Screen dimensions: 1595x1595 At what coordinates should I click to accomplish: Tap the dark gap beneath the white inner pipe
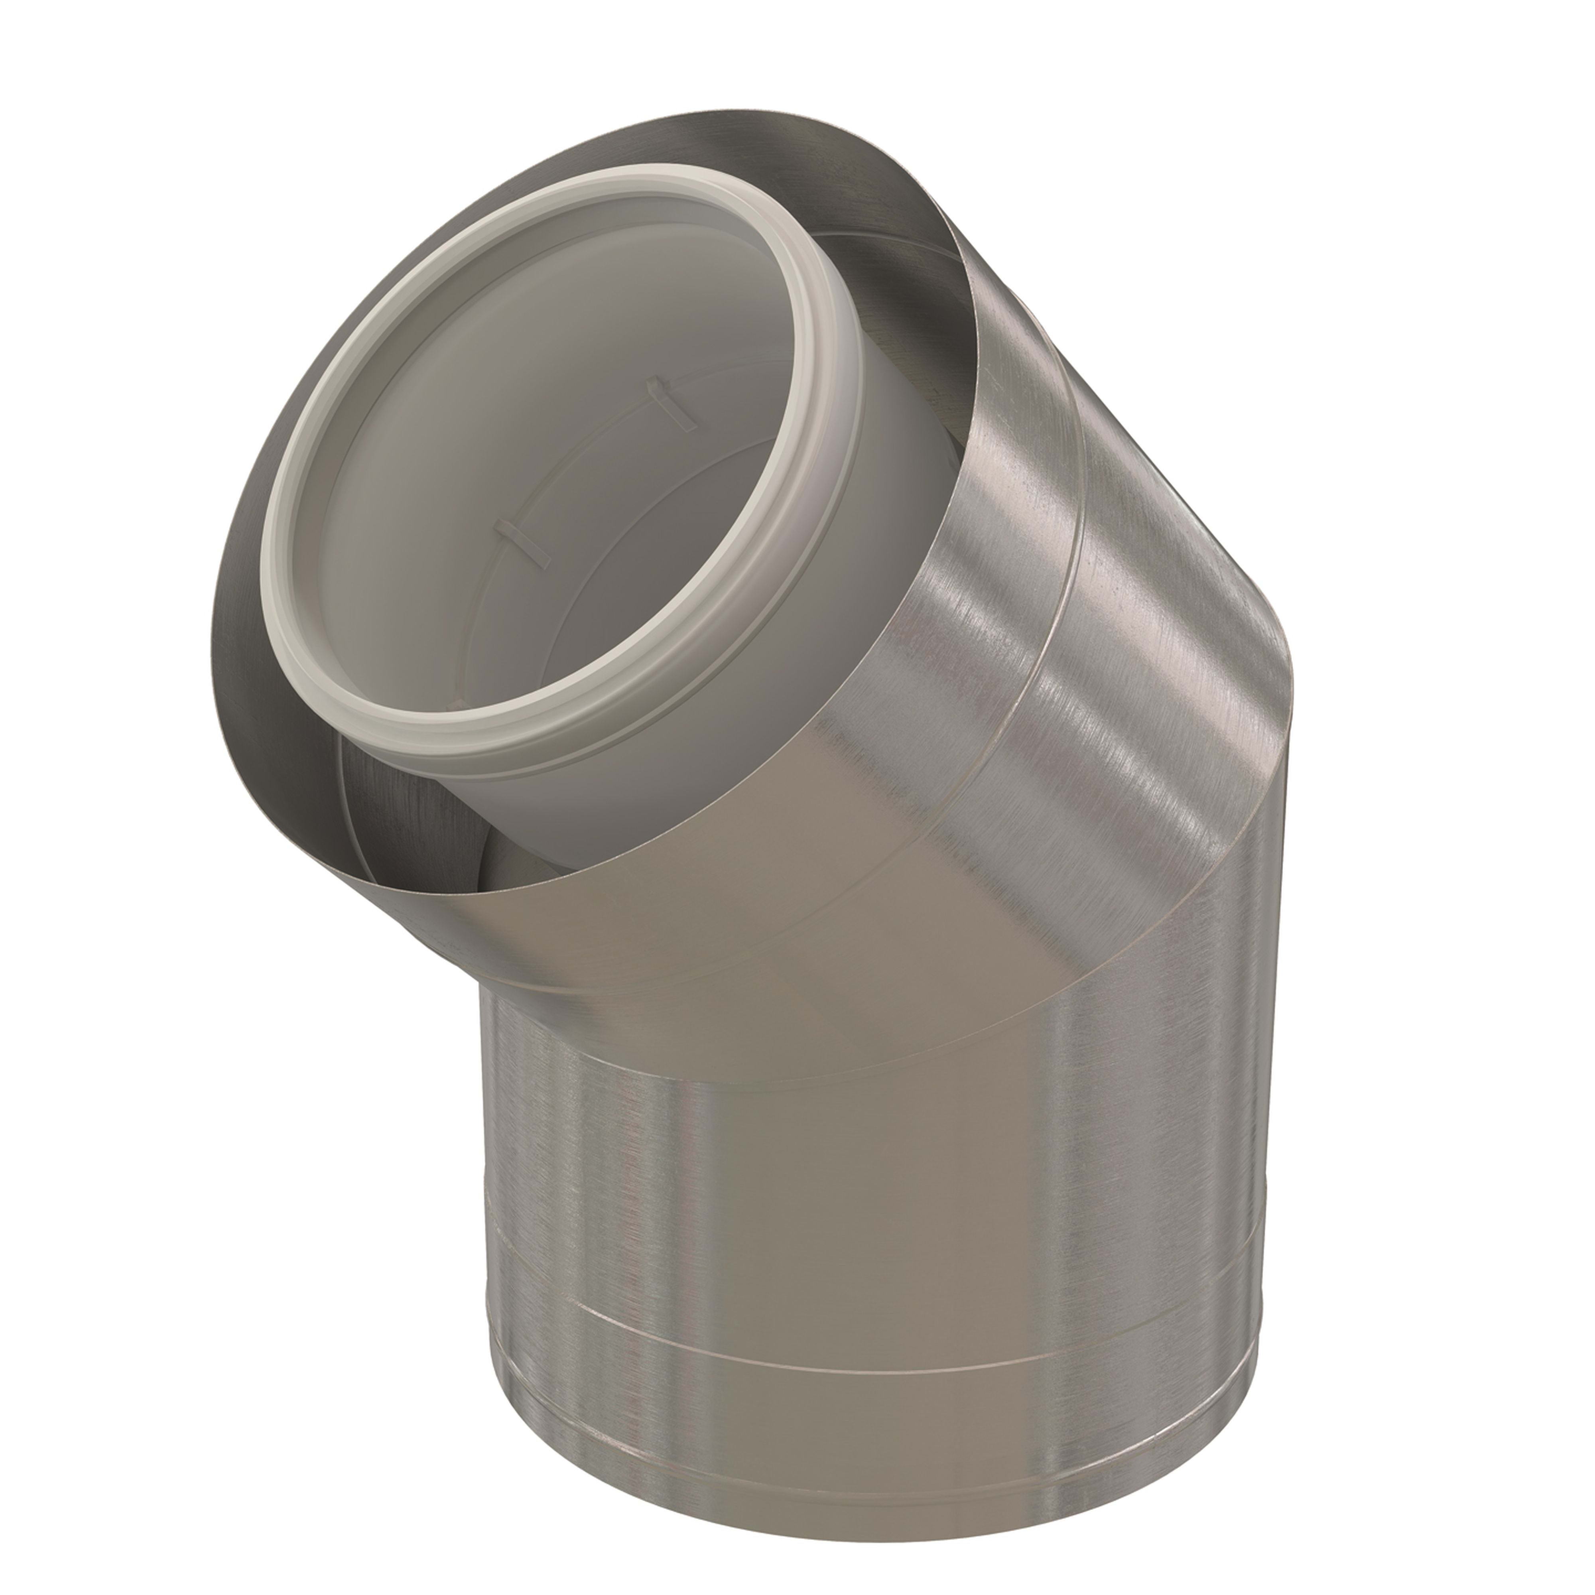413,817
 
